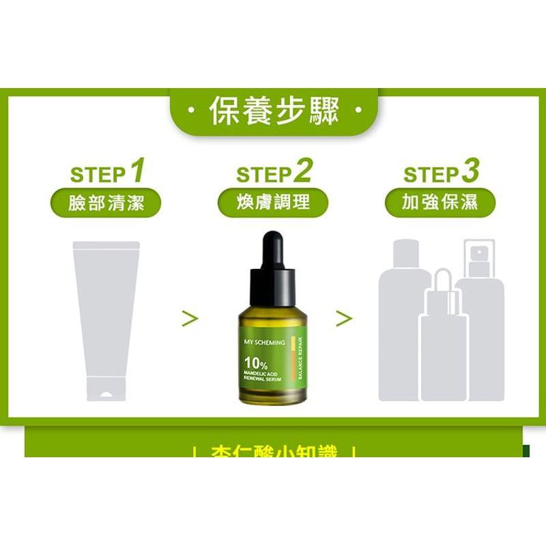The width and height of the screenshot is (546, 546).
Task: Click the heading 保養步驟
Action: click(273, 111)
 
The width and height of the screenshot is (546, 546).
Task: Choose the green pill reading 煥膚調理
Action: click(273, 203)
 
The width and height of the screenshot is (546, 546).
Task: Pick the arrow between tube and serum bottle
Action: click(190, 317)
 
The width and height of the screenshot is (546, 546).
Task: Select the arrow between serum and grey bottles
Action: click(344, 317)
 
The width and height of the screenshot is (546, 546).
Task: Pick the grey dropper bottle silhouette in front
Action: click(443, 348)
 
